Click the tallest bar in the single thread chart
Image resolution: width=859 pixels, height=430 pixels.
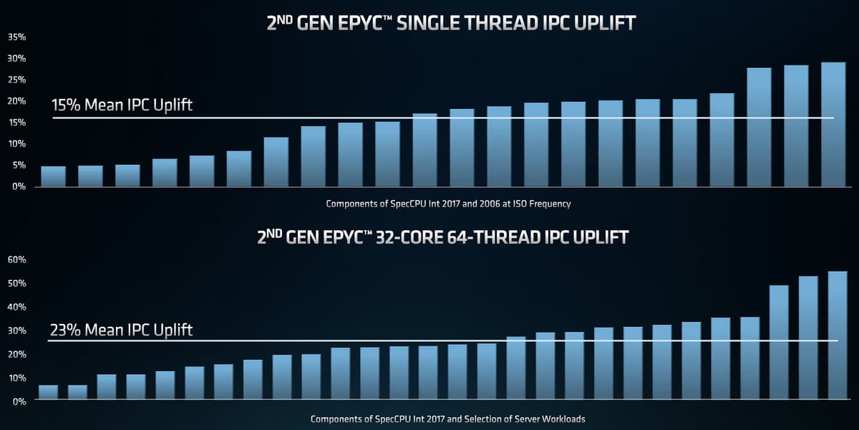click(x=833, y=125)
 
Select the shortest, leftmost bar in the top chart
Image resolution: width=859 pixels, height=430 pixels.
click(x=53, y=176)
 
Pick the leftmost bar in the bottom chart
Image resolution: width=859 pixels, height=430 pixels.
click(x=48, y=393)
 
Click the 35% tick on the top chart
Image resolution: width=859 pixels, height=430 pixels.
click(x=16, y=37)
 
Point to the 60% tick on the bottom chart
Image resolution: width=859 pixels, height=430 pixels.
click(x=16, y=259)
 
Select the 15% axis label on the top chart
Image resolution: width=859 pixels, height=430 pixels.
click(x=16, y=123)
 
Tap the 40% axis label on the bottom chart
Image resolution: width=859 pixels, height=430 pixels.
click(x=16, y=307)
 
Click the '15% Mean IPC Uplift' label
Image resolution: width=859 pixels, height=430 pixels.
click(x=122, y=105)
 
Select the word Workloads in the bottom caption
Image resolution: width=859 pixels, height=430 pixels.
click(x=563, y=419)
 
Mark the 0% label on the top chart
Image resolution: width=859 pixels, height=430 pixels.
click(x=19, y=186)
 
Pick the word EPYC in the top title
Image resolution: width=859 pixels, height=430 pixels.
click(x=352, y=23)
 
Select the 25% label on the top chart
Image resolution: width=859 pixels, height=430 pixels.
click(x=16, y=80)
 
